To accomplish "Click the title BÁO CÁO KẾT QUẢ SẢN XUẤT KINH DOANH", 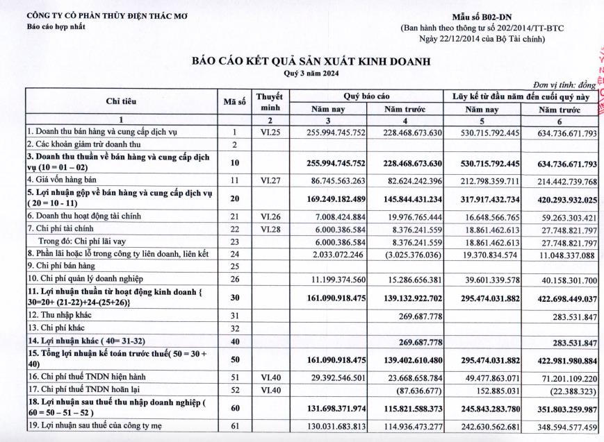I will (311, 62).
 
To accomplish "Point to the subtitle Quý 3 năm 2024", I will (311, 73).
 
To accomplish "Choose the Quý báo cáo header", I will (366, 96).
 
